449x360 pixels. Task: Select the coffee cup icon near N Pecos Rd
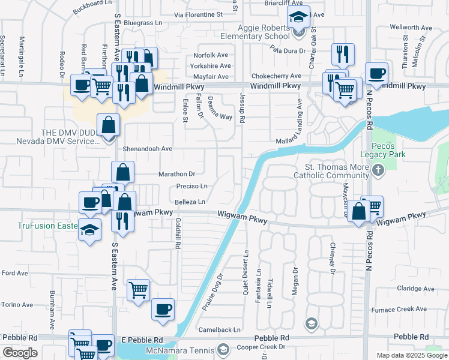coord(376,73)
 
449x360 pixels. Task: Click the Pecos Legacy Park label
coord(388,150)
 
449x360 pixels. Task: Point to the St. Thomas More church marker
coord(378,171)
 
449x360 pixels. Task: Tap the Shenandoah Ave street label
coord(147,148)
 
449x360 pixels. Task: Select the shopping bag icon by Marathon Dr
coord(122,173)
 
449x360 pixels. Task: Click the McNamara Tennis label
coord(180,350)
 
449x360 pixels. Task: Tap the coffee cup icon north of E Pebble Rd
coord(163,309)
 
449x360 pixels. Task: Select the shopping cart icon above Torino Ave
coord(138,290)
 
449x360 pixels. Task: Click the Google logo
coord(20,353)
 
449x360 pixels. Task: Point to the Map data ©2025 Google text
coord(412,355)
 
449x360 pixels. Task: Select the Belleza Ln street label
coord(191,202)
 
